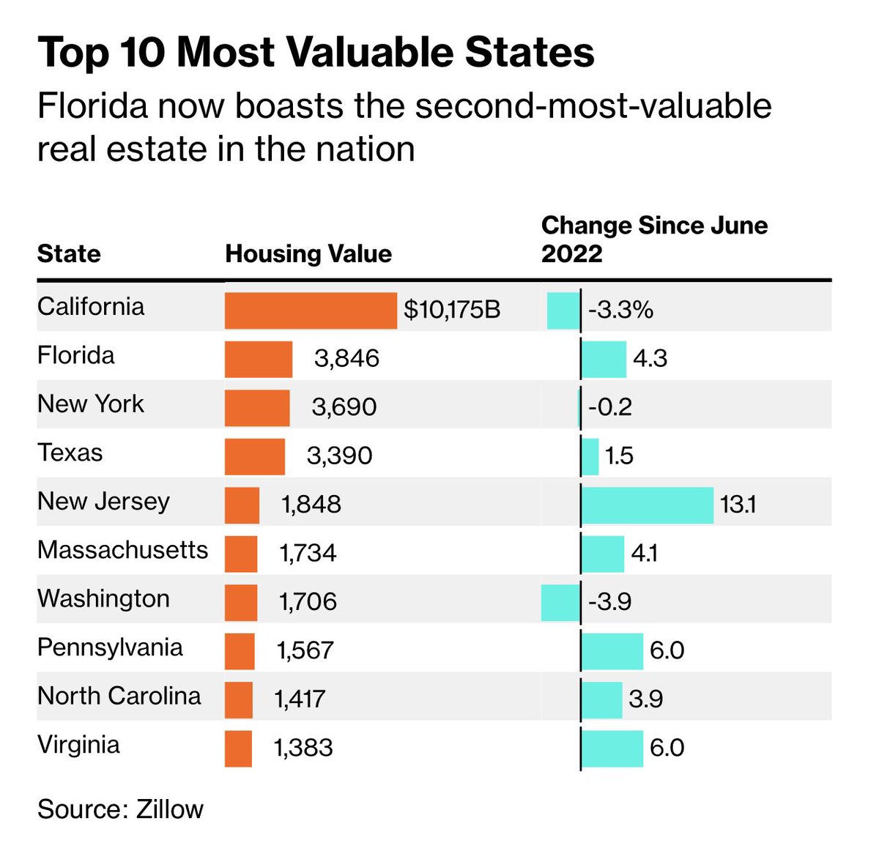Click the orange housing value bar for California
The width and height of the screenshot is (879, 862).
[x=311, y=311]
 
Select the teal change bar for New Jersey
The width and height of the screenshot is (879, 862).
[x=648, y=505]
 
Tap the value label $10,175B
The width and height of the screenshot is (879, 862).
[x=452, y=310]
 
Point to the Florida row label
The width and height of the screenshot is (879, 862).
[x=76, y=356]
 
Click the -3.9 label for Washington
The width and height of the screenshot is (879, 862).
[x=609, y=601]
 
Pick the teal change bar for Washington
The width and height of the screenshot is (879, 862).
[x=560, y=602]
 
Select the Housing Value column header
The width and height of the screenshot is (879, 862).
[x=308, y=253]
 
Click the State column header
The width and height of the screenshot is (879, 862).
[x=69, y=253]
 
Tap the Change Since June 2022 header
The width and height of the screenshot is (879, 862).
[x=654, y=239]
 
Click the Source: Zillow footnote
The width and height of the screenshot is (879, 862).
[x=120, y=809]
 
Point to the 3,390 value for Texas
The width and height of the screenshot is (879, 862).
[x=339, y=456]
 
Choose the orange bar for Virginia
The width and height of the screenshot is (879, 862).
[x=238, y=748]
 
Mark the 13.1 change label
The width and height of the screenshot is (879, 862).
[x=738, y=505]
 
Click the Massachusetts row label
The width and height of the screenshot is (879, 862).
[x=122, y=550]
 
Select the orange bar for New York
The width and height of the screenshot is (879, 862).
[x=257, y=407]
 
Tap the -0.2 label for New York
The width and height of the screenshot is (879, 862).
[x=609, y=407]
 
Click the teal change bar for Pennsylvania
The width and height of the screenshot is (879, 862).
[x=612, y=650]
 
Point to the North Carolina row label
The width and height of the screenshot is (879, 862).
[x=119, y=696]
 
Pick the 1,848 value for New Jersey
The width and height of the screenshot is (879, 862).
[x=311, y=505]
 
